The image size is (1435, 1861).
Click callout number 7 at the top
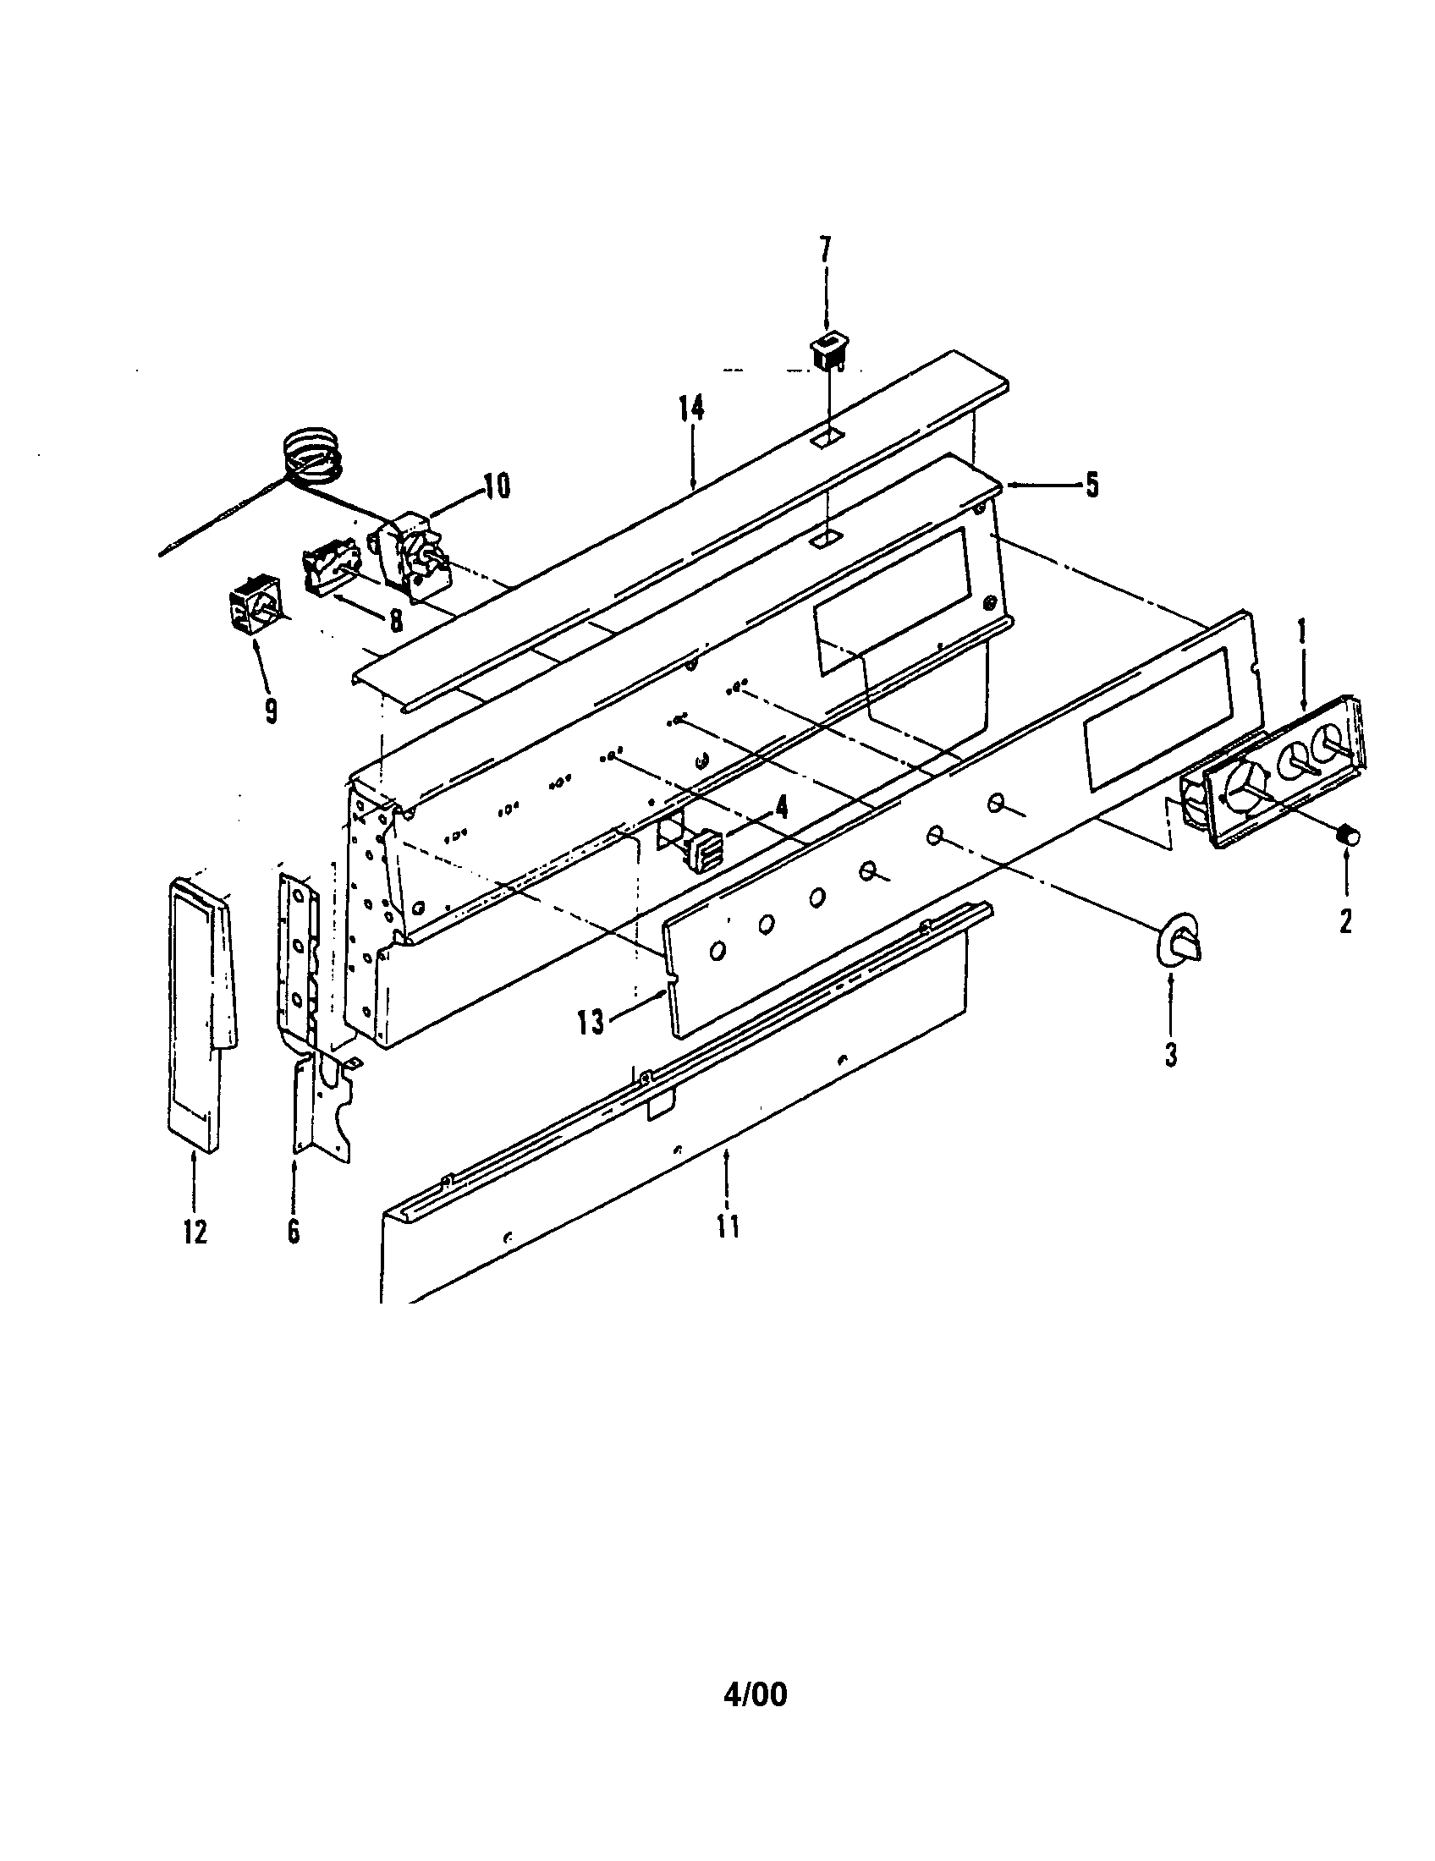[x=824, y=250]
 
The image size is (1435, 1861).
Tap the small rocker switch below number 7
[x=827, y=351]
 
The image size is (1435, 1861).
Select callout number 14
[x=692, y=409]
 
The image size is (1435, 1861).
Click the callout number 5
[x=1091, y=486]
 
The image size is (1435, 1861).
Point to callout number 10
[x=497, y=487]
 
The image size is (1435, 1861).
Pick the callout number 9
[x=271, y=711]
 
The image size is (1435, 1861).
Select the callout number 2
[x=1344, y=921]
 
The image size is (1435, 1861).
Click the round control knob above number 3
[x=1179, y=941]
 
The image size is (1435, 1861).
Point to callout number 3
[x=1171, y=1055]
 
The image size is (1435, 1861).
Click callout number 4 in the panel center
[x=781, y=806]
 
